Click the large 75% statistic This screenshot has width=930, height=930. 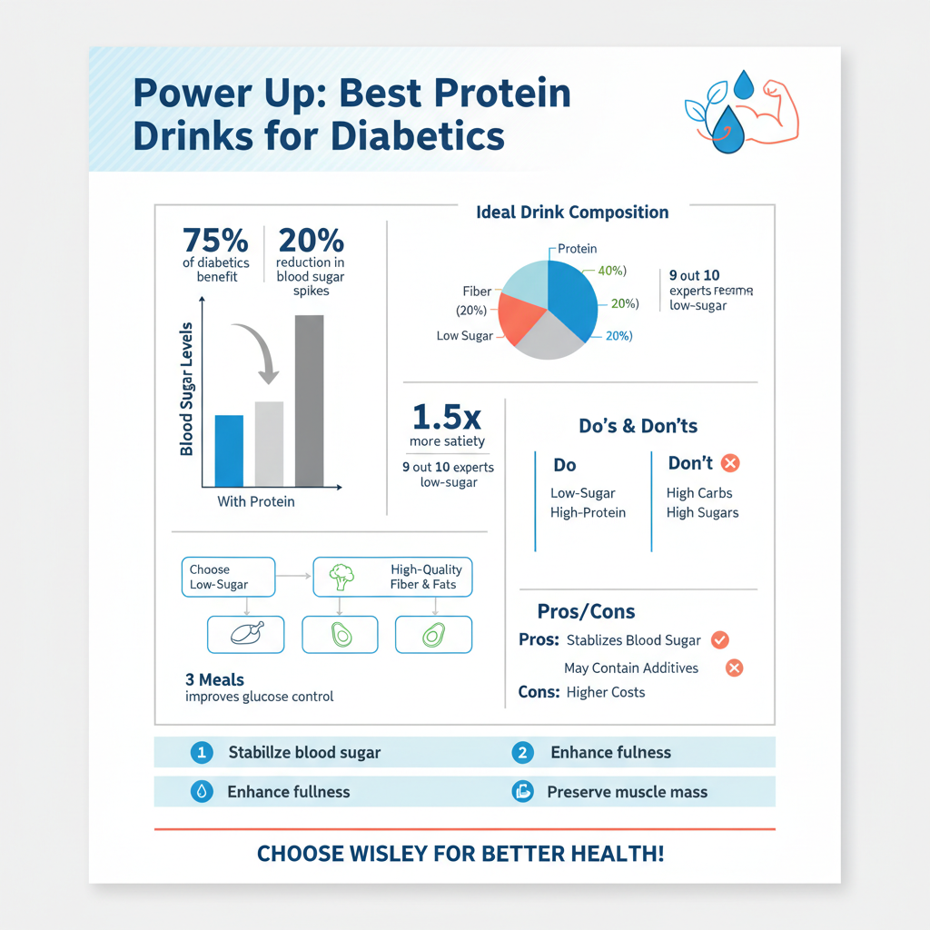(215, 241)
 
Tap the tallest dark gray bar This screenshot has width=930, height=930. (309, 401)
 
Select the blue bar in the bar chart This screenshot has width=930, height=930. (229, 450)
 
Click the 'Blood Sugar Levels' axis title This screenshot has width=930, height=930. (186, 389)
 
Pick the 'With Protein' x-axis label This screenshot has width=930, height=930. (256, 501)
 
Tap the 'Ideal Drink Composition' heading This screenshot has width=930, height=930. (572, 213)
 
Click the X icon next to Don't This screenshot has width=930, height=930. (730, 463)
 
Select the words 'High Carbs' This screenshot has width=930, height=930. (699, 493)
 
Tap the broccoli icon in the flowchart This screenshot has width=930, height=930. (341, 576)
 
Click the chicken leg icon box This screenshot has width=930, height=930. (245, 634)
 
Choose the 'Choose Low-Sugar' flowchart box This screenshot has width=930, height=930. (228, 577)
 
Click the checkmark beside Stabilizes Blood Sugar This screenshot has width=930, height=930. (719, 639)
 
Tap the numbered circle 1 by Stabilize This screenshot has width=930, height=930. (202, 752)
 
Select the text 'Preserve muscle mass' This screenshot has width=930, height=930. (627, 792)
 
